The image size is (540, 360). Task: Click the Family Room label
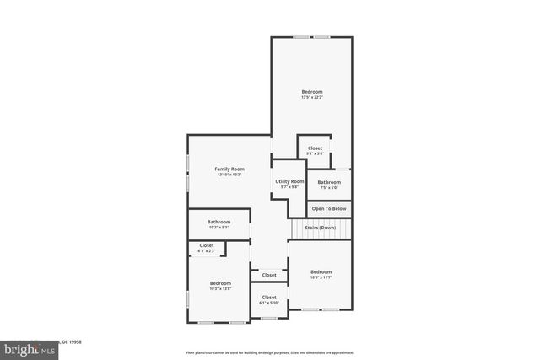pyautogui.click(x=229, y=169)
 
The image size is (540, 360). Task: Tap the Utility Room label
pyautogui.click(x=289, y=181)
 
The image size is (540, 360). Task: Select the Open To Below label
pyautogui.click(x=329, y=208)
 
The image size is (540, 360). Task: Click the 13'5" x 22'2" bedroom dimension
pyautogui.click(x=312, y=97)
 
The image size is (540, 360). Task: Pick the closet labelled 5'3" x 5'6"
pyautogui.click(x=315, y=151)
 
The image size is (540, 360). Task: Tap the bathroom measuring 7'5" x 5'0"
pyautogui.click(x=329, y=185)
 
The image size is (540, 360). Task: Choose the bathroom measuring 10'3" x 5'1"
pyautogui.click(x=219, y=224)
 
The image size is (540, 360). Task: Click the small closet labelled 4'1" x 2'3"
pyautogui.click(x=207, y=248)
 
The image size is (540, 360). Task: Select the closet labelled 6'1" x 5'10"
pyautogui.click(x=269, y=300)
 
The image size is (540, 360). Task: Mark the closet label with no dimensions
pyautogui.click(x=269, y=275)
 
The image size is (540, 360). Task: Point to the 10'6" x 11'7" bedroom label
pyautogui.click(x=321, y=275)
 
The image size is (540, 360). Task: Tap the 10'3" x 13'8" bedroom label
pyautogui.click(x=220, y=286)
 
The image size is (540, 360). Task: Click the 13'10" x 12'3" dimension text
pyautogui.click(x=229, y=175)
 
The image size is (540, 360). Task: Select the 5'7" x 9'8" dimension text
pyautogui.click(x=289, y=187)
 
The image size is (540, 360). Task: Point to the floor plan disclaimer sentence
pyautogui.click(x=270, y=352)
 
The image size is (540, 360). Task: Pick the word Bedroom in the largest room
pyautogui.click(x=312, y=91)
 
